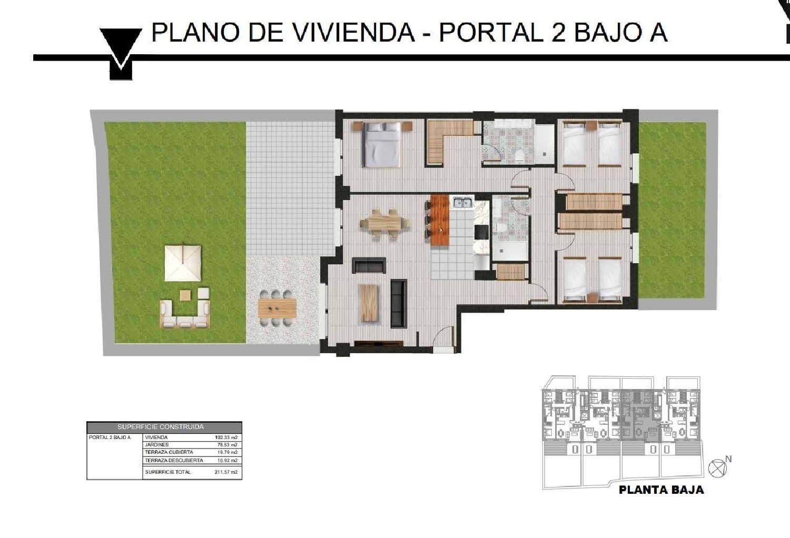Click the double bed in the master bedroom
(382, 144)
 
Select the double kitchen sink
(462, 202)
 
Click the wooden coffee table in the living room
(371, 303)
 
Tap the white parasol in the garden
(183, 262)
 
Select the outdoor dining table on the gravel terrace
(278, 307)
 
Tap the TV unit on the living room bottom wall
(379, 344)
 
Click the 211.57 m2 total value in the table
(226, 472)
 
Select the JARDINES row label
(157, 445)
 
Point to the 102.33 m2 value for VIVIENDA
(226, 437)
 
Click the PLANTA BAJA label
(661, 490)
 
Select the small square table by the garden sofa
(185, 295)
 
